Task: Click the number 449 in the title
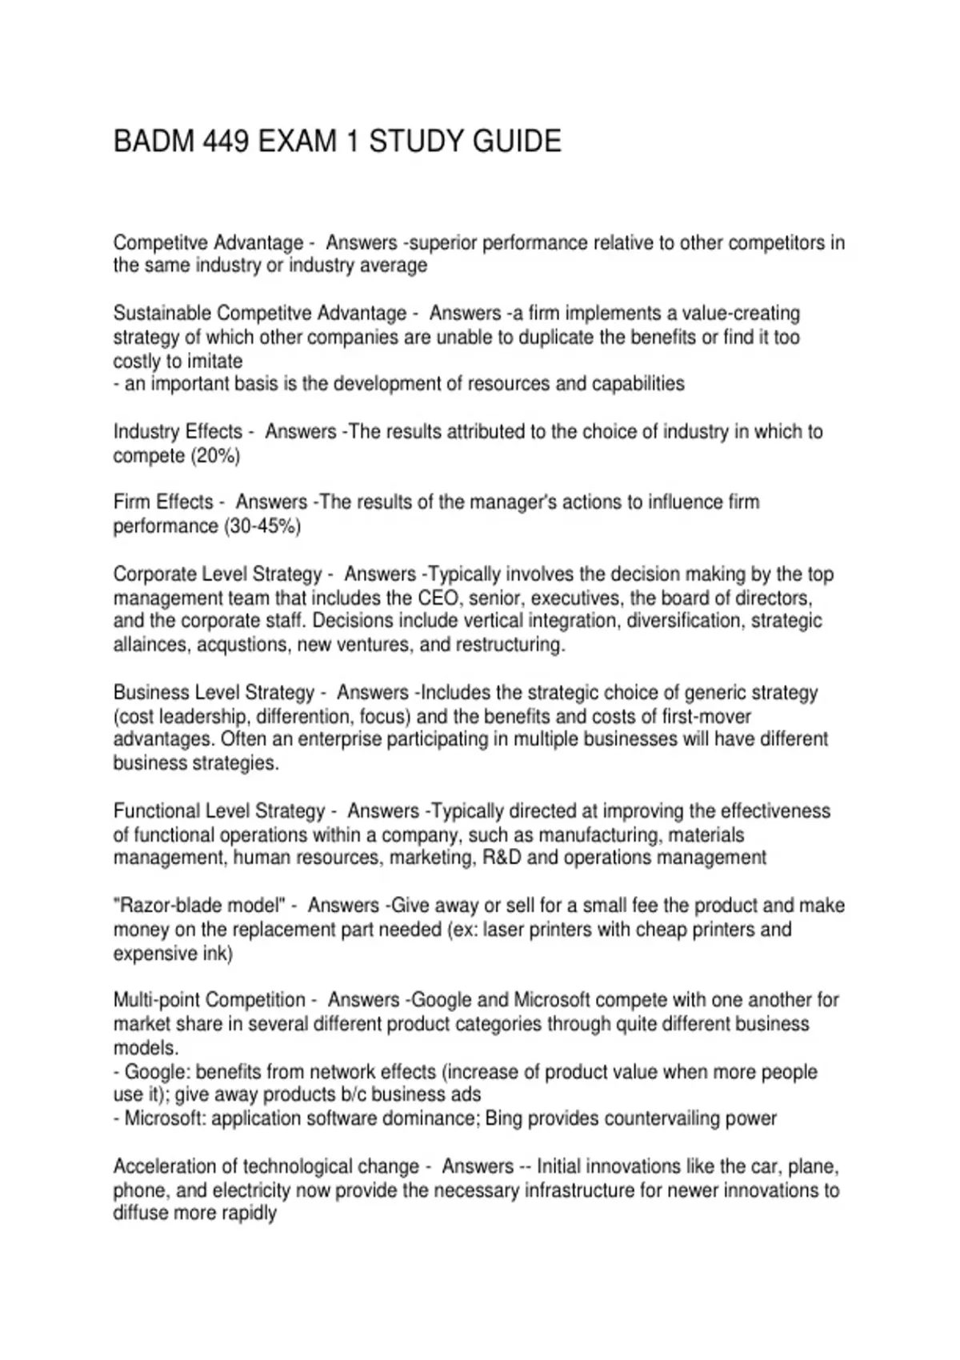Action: click(226, 142)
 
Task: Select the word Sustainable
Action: click(162, 313)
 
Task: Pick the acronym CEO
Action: click(438, 598)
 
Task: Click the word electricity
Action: click(251, 1190)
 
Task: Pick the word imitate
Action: click(214, 361)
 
